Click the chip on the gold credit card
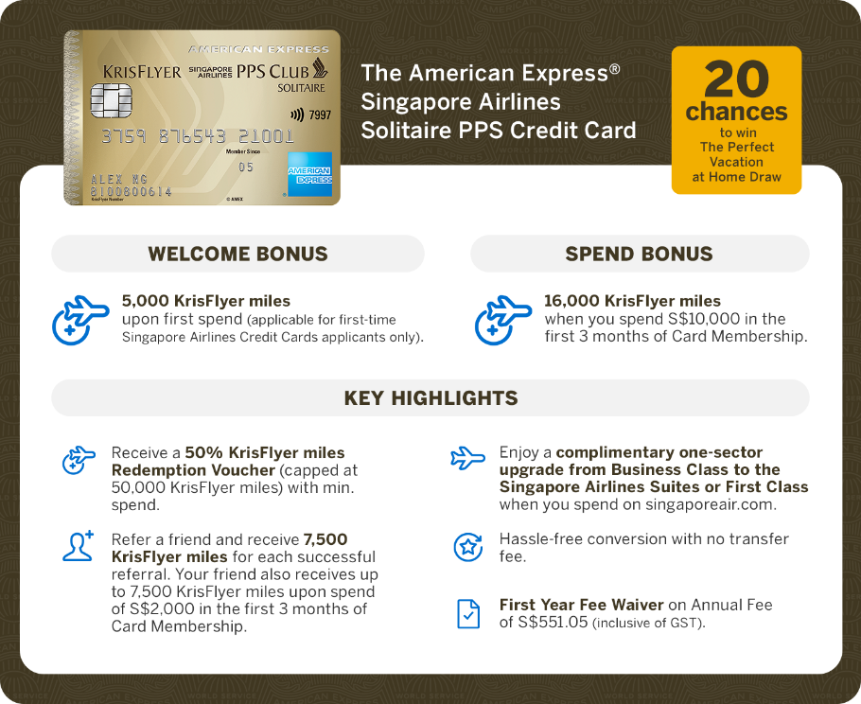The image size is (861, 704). click(111, 100)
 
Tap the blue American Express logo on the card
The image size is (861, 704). click(309, 174)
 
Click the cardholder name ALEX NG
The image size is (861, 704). click(118, 179)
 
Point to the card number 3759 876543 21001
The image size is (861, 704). click(198, 136)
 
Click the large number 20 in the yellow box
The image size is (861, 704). click(736, 79)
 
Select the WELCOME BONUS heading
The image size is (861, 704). click(237, 254)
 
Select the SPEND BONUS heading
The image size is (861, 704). click(640, 254)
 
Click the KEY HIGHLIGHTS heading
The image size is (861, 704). click(431, 398)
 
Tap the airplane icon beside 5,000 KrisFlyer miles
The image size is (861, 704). click(80, 320)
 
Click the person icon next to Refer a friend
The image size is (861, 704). click(78, 546)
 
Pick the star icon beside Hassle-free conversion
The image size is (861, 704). click(467, 546)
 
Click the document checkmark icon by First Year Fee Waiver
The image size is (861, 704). click(468, 614)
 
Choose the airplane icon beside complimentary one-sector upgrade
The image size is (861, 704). click(467, 458)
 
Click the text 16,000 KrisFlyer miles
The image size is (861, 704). click(632, 301)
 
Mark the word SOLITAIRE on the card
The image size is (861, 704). click(301, 88)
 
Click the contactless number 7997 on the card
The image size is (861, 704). click(320, 114)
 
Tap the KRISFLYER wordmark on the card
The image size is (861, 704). click(142, 72)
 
